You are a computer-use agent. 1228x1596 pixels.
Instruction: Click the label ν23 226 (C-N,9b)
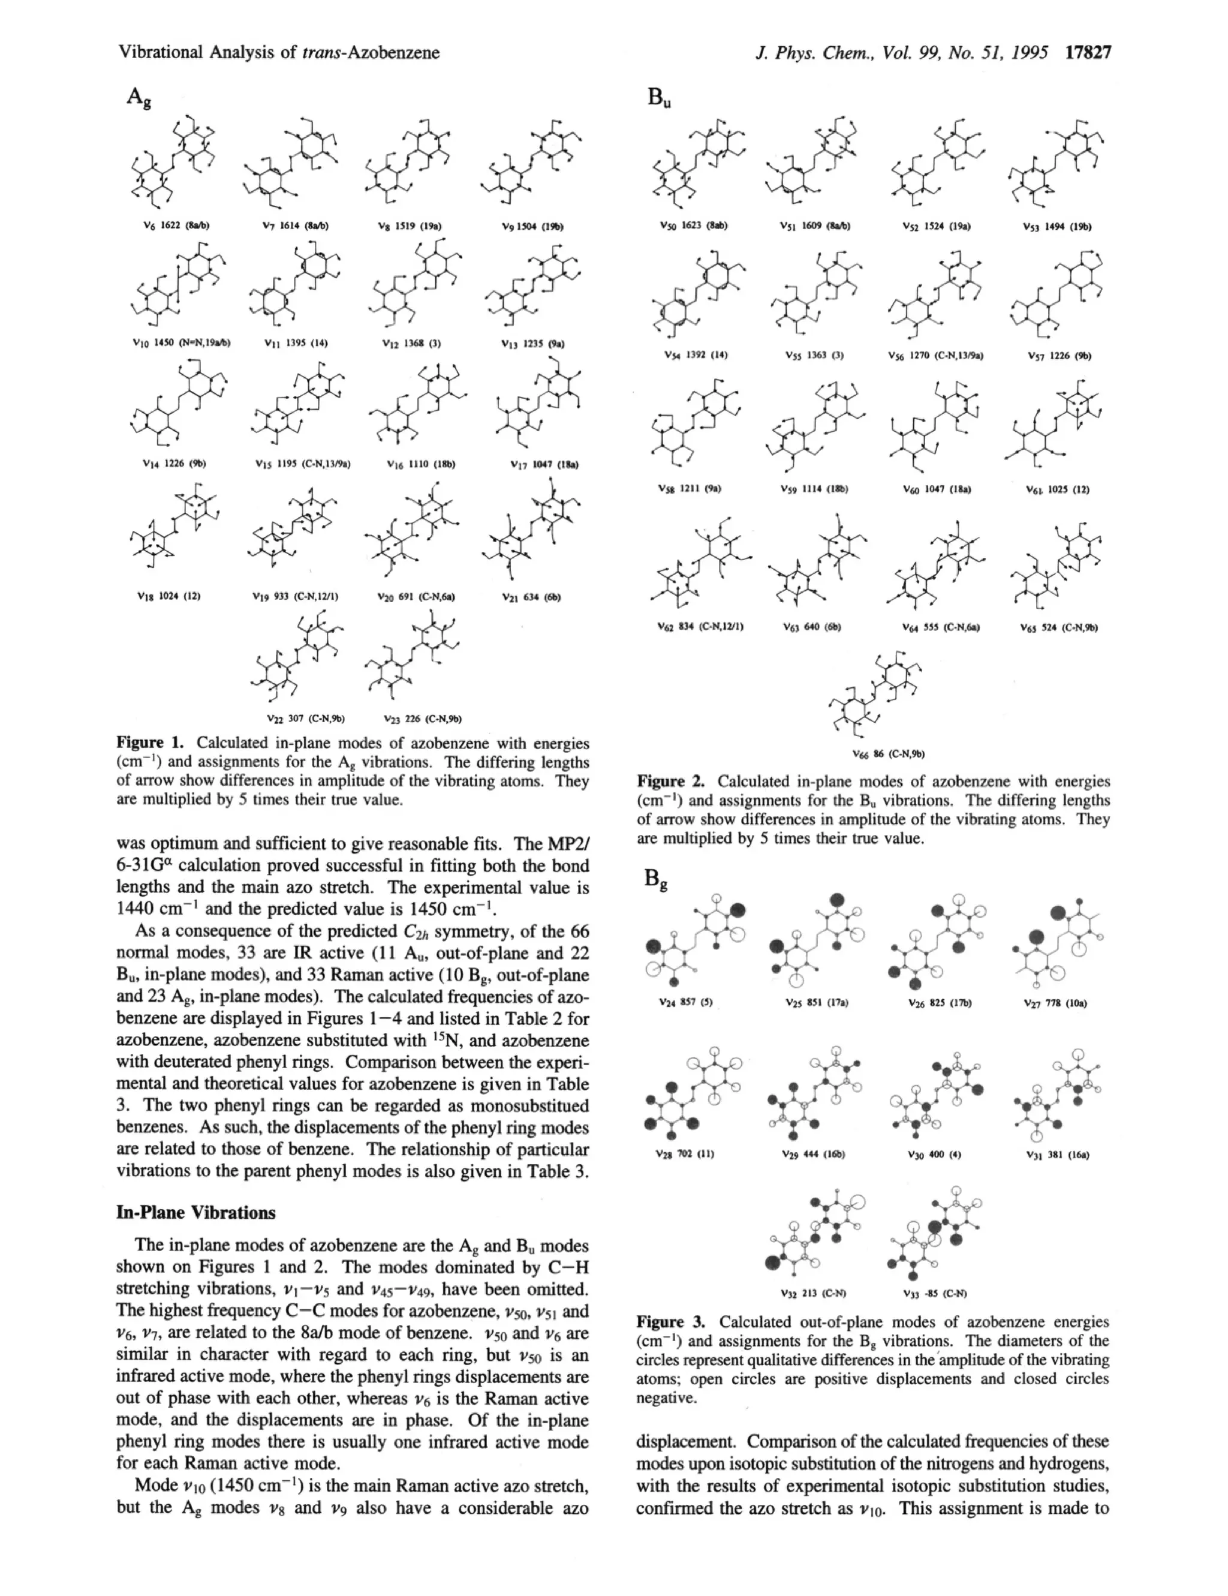(425, 719)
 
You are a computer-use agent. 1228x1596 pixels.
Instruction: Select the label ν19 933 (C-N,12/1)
(294, 596)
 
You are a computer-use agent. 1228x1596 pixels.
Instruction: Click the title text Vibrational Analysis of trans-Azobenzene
(278, 53)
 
